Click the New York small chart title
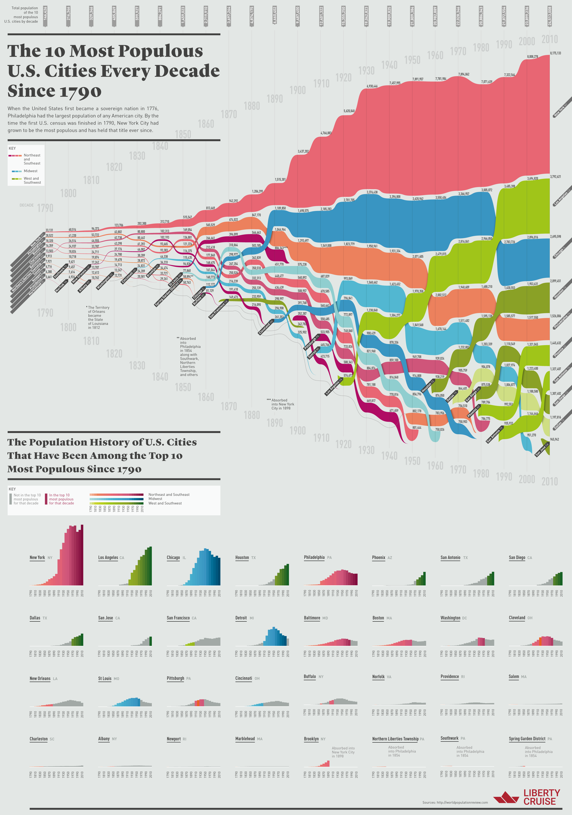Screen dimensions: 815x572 tap(37, 557)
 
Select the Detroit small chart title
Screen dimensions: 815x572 tap(241, 618)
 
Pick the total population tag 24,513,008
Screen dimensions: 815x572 tap(550, 16)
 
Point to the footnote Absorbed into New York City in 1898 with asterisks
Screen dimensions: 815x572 tap(281, 404)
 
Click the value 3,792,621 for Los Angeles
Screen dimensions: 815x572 tap(555, 176)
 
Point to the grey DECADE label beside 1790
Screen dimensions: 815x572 tap(27, 205)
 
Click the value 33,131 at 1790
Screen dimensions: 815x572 tap(49, 230)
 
